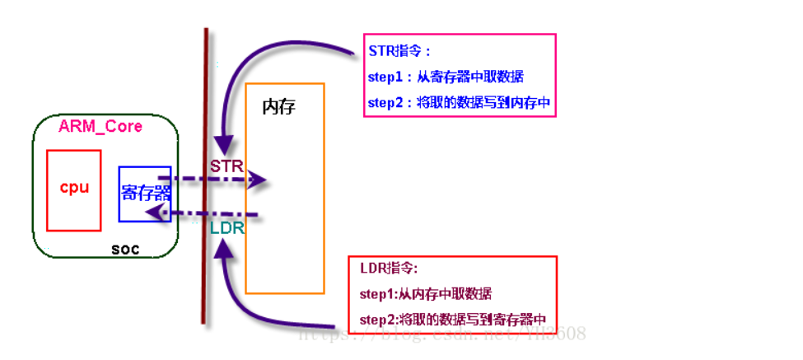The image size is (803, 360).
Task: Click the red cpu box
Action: (73, 206)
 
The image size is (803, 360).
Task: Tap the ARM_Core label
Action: (100, 126)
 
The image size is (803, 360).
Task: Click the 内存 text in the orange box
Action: (278, 107)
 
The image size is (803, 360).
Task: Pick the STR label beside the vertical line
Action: (226, 166)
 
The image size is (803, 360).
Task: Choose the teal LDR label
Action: (227, 228)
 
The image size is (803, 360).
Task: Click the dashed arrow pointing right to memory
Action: (214, 179)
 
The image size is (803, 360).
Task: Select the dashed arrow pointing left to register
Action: (206, 214)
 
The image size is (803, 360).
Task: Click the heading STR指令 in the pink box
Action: (399, 51)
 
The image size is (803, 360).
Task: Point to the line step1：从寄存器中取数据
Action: (446, 77)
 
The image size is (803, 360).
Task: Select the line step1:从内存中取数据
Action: (426, 294)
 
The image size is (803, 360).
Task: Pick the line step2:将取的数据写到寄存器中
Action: (452, 320)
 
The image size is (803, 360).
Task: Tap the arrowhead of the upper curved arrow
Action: (222, 143)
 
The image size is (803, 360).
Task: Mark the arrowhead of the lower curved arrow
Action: (221, 247)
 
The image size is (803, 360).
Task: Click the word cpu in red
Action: (74, 187)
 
